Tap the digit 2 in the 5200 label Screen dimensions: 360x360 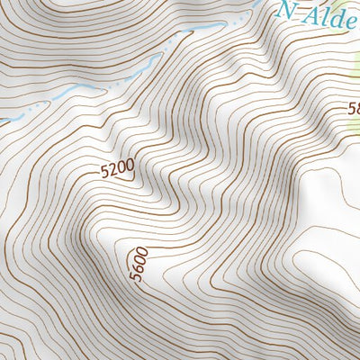(x=113, y=167)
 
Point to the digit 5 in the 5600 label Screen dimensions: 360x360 (x=135, y=277)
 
